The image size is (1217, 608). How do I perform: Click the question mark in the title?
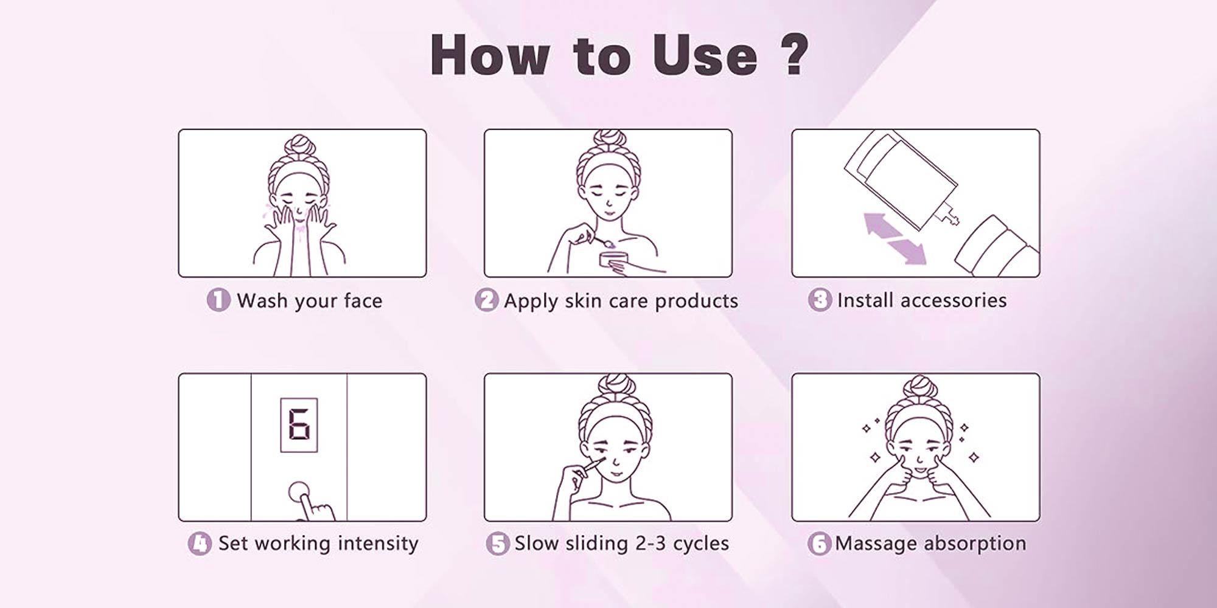pos(793,55)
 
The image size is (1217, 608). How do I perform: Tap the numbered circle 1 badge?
pos(218,300)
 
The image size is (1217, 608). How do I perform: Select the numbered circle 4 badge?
pos(200,543)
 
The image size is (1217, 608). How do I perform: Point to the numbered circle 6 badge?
pos(818,543)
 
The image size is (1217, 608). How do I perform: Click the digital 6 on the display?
pos(299,425)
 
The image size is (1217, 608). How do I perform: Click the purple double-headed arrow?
pos(895,238)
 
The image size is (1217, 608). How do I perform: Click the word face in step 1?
pos(363,300)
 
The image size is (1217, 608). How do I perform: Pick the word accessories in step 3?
pos(953,300)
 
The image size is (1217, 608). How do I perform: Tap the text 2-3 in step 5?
pos(650,543)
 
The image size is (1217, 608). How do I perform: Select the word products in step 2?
pos(696,301)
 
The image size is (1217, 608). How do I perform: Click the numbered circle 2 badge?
pos(486,300)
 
